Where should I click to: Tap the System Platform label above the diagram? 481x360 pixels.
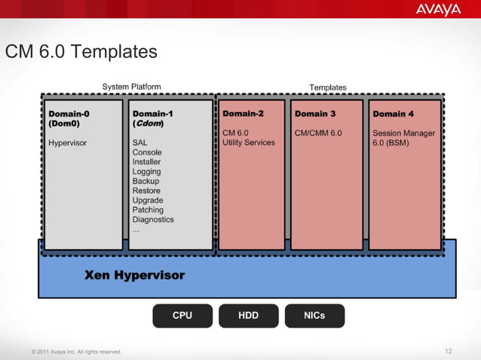click(x=131, y=87)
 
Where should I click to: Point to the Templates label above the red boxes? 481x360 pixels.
click(x=328, y=87)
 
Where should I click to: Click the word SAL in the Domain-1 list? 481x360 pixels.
click(x=139, y=142)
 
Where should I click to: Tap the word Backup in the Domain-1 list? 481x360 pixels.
click(x=146, y=182)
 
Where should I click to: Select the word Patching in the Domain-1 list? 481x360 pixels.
click(x=148, y=210)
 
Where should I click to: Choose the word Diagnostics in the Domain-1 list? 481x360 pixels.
click(x=153, y=220)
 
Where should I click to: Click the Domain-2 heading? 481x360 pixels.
click(x=244, y=114)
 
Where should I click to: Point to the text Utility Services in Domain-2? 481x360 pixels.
click(x=249, y=142)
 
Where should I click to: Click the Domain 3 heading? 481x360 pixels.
click(x=315, y=114)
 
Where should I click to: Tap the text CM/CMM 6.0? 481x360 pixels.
click(x=318, y=133)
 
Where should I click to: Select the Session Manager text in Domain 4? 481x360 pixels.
click(x=403, y=133)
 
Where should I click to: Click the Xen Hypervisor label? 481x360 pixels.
click(x=134, y=276)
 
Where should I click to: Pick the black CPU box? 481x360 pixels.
click(x=182, y=316)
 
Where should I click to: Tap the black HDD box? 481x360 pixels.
click(x=249, y=316)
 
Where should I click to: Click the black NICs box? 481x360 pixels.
click(x=314, y=316)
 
